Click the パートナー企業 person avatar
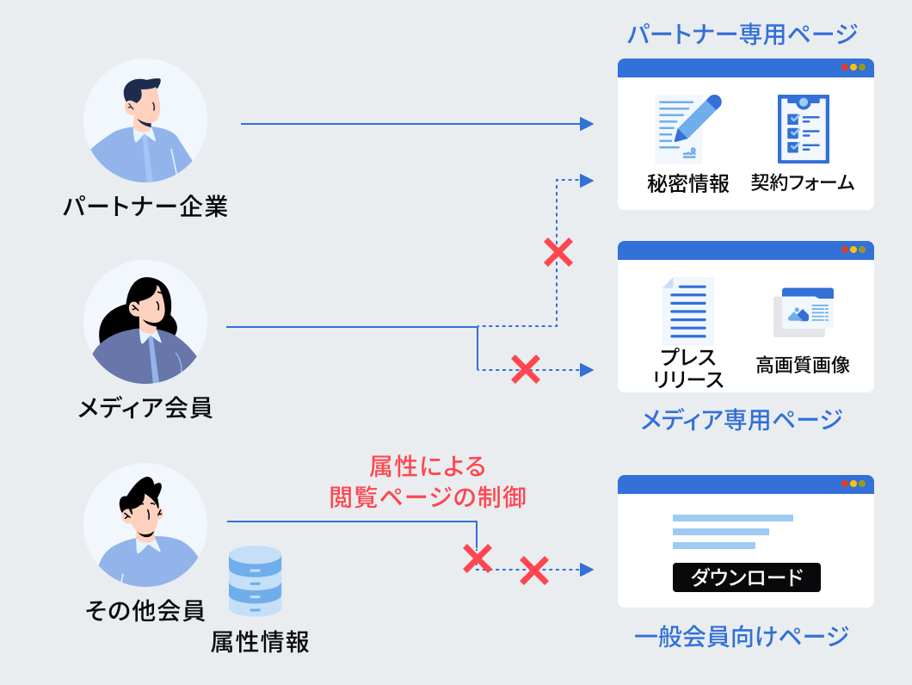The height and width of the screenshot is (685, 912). point(145,120)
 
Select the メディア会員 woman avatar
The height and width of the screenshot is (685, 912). point(145,323)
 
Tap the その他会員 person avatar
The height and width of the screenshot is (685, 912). point(145,525)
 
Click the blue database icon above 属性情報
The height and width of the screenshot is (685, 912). point(255,581)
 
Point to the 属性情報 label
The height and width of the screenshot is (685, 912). point(260,642)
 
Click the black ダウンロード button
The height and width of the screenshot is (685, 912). point(746,577)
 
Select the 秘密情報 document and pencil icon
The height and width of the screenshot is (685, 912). point(687,129)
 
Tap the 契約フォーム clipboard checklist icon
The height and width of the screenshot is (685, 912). point(803,129)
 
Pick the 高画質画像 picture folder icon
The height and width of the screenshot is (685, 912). point(804,312)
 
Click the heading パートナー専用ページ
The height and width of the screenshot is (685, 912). point(743,34)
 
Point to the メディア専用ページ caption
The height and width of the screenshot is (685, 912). point(742,420)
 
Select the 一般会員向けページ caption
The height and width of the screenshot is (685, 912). point(742,637)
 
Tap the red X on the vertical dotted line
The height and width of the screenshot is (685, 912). point(558,252)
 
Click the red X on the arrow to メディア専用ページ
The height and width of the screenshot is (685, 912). point(525,370)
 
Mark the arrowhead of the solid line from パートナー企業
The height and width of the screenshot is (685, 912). point(587,124)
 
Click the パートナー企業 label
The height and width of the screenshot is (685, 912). point(145,207)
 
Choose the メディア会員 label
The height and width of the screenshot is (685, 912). point(145,407)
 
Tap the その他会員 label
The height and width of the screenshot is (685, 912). point(145,611)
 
